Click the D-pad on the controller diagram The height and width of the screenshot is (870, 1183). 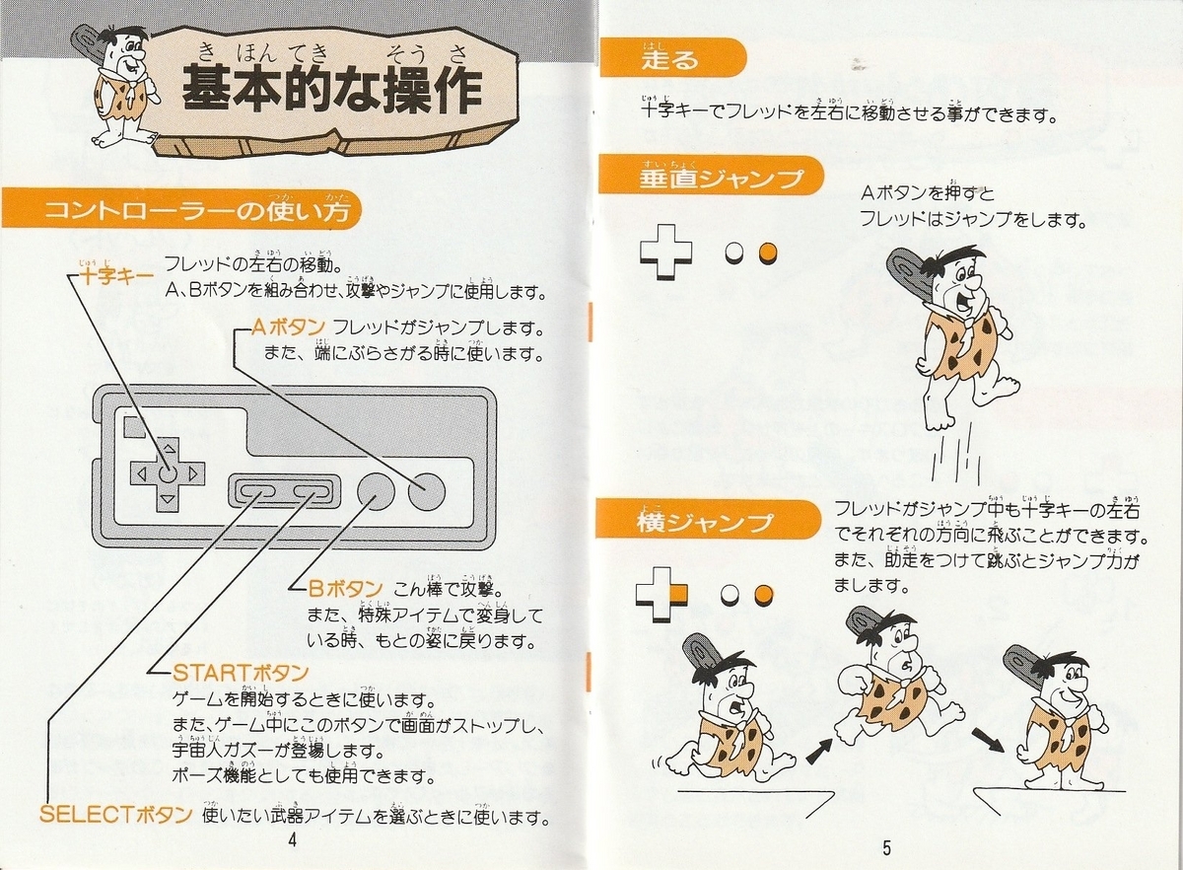[x=168, y=474]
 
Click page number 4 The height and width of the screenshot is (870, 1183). [x=292, y=840]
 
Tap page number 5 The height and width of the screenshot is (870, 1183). [x=886, y=848]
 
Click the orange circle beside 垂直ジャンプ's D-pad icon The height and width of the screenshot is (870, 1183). [x=768, y=253]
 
